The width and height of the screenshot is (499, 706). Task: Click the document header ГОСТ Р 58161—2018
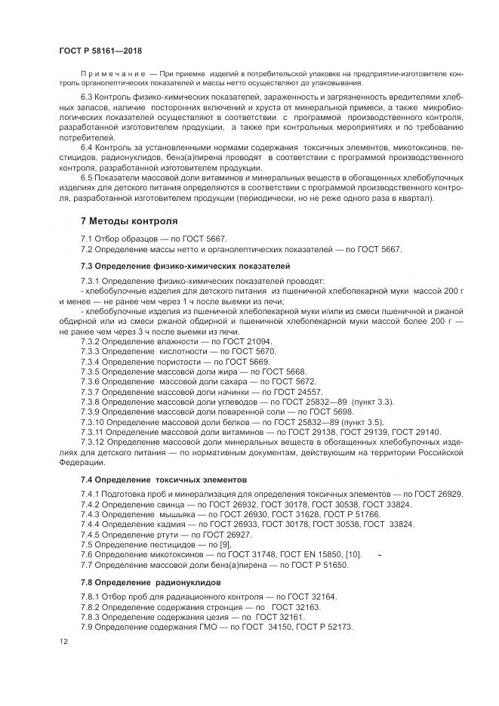tap(100, 50)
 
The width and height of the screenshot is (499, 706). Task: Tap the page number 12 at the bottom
tap(63, 642)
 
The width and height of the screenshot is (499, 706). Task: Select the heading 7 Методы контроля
tap(129, 221)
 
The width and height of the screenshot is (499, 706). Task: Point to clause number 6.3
tap(88, 98)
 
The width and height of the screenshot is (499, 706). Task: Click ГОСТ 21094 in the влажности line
tap(251, 341)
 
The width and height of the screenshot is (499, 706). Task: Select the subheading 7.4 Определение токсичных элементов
tap(165, 479)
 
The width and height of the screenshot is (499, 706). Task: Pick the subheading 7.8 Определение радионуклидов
tap(151, 582)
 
